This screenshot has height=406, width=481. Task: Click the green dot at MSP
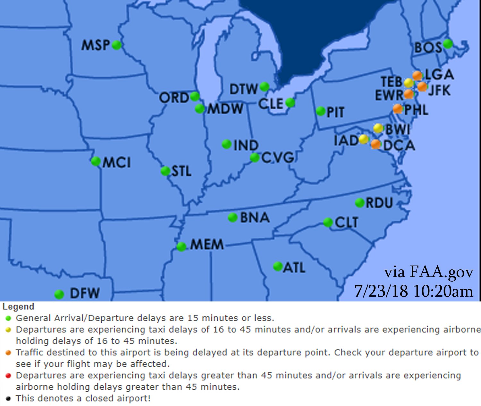click(117, 45)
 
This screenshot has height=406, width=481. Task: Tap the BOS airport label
click(428, 48)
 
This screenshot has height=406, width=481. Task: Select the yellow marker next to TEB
click(409, 83)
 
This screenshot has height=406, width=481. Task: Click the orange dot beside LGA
click(417, 76)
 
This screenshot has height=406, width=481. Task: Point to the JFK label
click(439, 90)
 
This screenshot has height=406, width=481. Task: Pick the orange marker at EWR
click(409, 94)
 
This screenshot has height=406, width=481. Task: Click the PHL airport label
click(416, 110)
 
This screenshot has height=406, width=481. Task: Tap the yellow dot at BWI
click(378, 128)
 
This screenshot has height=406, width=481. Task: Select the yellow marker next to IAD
click(364, 140)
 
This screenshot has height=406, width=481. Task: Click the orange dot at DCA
click(376, 144)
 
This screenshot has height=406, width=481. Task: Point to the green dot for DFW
click(59, 294)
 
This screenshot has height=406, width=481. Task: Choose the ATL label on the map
click(294, 267)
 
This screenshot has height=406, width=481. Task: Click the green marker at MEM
click(181, 247)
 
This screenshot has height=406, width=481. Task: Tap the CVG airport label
click(277, 157)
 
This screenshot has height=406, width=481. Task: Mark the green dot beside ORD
click(195, 96)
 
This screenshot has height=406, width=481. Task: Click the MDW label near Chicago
click(225, 109)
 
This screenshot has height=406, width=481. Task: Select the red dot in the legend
click(8, 375)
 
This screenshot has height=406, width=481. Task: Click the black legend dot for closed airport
click(8, 398)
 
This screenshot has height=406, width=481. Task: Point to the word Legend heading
click(18, 307)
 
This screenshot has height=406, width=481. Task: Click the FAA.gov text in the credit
click(441, 272)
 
